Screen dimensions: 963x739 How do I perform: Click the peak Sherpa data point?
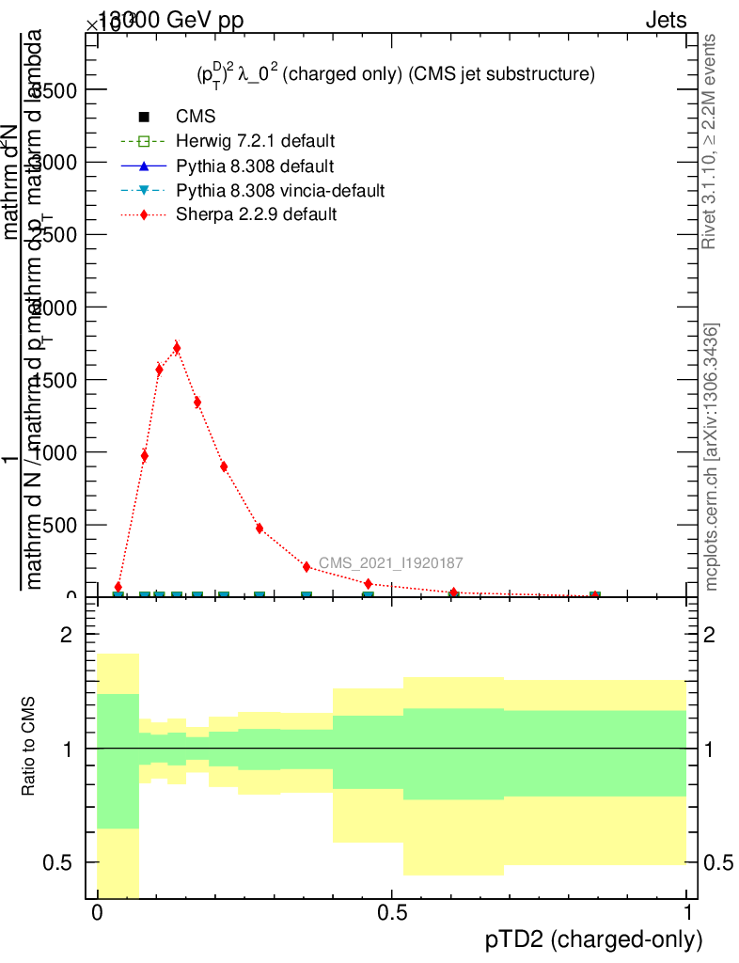pos(177,348)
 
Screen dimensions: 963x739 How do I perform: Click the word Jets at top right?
pos(666,21)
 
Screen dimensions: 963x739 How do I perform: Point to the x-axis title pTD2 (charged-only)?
pos(593,939)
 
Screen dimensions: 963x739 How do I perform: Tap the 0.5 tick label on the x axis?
pos(392,913)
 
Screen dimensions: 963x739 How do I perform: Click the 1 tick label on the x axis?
pos(687,913)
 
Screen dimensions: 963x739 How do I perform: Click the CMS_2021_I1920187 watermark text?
pos(390,563)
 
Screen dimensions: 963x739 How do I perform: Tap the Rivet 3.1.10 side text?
pos(710,141)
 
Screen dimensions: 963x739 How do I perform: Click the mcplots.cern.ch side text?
pos(712,457)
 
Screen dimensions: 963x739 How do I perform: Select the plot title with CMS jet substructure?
pos(388,74)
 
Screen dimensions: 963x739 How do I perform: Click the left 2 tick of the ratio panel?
pos(67,636)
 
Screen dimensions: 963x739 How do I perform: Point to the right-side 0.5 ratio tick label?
pos(717,862)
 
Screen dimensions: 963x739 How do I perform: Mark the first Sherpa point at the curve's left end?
pos(118,587)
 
